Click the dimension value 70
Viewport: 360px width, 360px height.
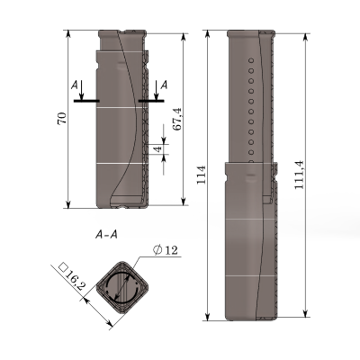[62, 119]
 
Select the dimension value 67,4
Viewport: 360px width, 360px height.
[177, 119]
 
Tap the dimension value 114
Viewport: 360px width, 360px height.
[201, 175]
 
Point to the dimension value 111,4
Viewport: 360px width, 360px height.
[299, 175]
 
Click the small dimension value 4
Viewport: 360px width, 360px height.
[158, 148]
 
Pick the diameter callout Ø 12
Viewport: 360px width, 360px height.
[166, 250]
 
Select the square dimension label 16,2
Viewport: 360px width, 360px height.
[75, 280]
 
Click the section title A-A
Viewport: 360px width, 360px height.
[106, 235]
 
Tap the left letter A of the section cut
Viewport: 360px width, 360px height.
[75, 85]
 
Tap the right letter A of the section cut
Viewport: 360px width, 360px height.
[164, 85]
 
